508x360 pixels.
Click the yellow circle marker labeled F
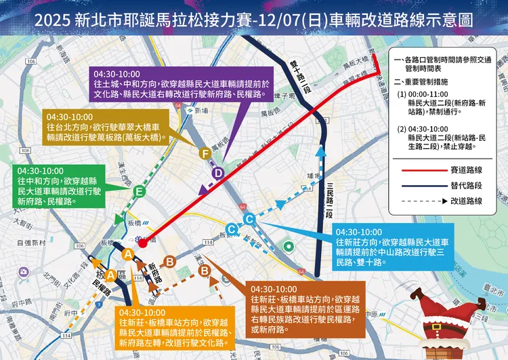point(205,155)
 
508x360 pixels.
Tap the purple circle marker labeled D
point(218,174)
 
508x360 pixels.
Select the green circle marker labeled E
point(139,193)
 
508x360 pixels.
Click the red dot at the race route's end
point(145,239)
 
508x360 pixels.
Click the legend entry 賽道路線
point(465,169)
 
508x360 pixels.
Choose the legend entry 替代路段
point(465,184)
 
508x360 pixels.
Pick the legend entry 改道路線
point(465,201)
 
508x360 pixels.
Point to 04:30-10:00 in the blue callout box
point(358,232)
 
